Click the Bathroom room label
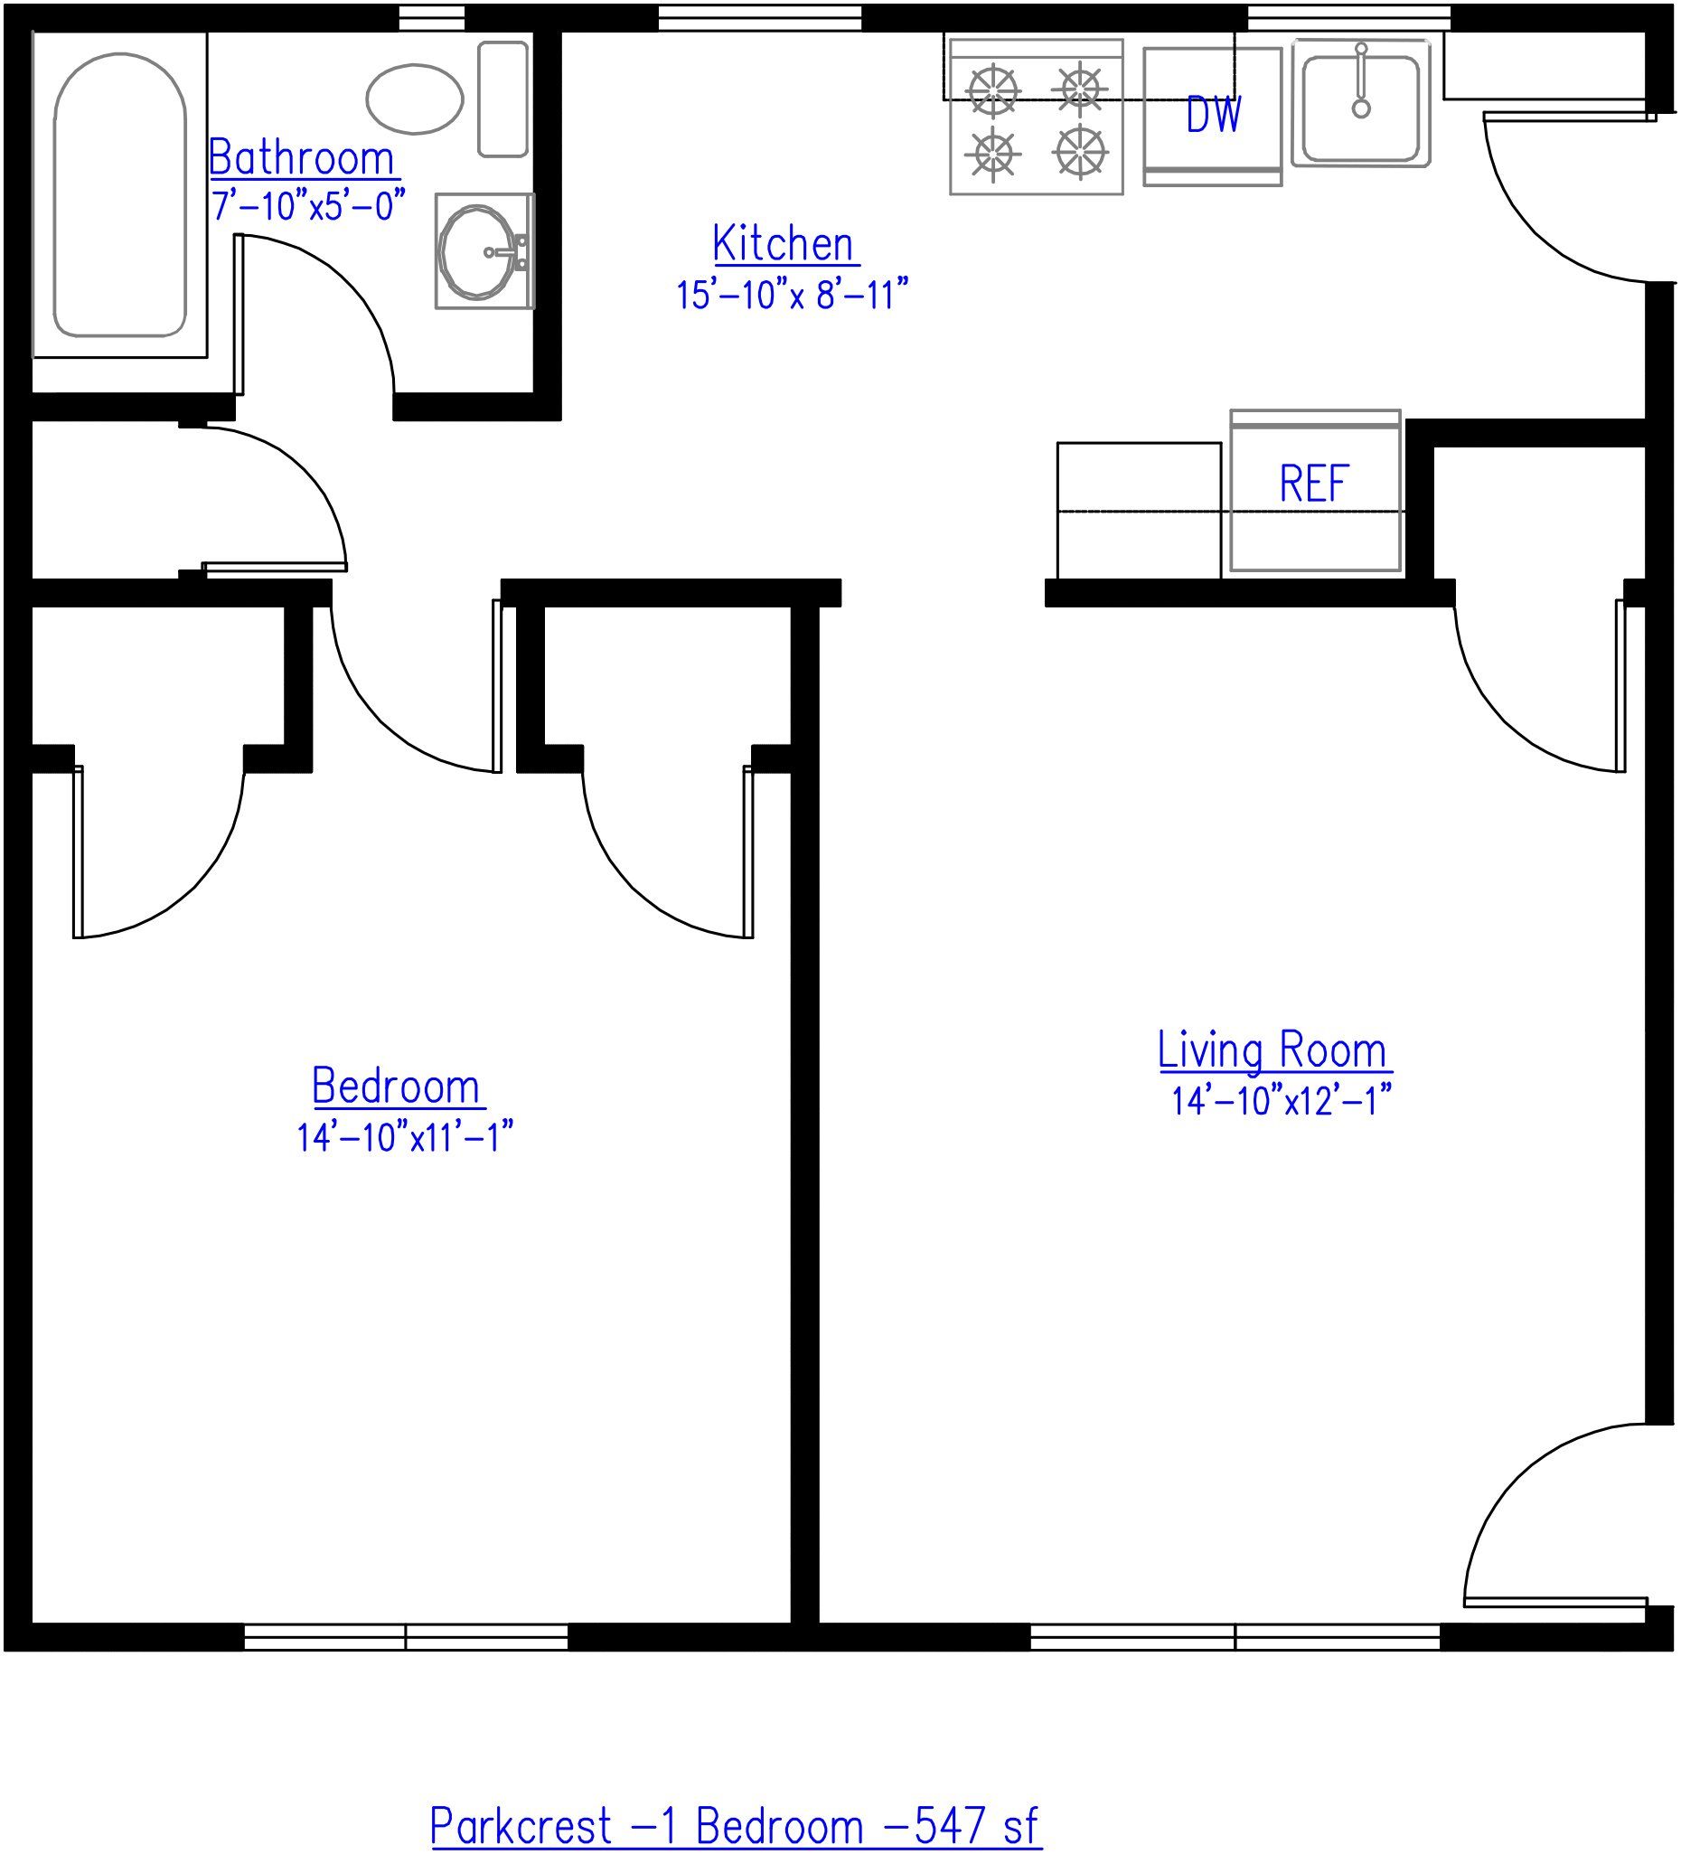click(302, 159)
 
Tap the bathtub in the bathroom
click(119, 195)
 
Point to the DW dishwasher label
click(1214, 115)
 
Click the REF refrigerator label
click(1313, 484)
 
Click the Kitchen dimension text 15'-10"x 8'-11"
click(792, 296)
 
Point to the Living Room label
click(1272, 1051)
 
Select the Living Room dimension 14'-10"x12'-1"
click(1280, 1101)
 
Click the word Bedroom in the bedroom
click(397, 1087)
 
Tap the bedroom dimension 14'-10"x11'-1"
click(404, 1137)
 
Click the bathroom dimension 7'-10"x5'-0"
click(308, 205)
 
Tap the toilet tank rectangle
click(502, 99)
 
